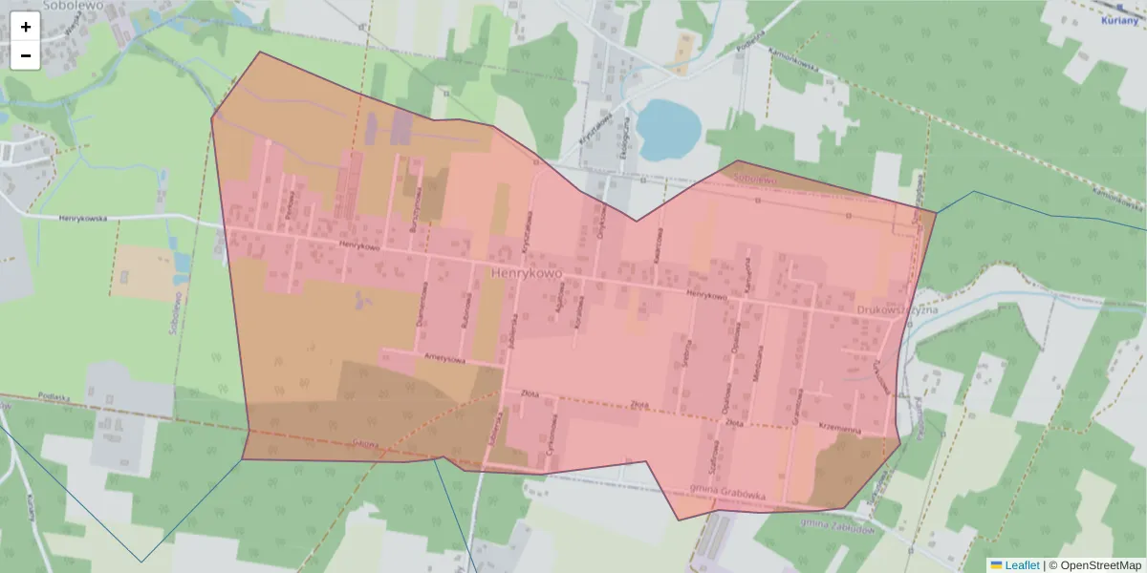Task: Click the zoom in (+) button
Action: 26,27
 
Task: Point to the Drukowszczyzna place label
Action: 897,309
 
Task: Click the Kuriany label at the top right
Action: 1118,19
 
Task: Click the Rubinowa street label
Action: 465,311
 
